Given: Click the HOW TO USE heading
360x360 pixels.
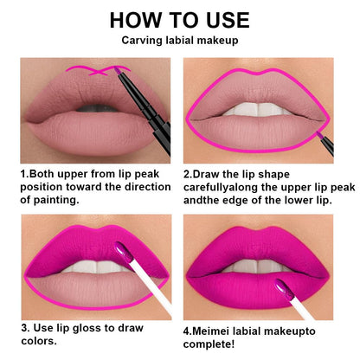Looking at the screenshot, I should (x=179, y=20).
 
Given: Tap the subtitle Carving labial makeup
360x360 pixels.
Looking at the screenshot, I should (x=179, y=41).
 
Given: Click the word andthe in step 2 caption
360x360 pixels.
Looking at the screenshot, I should (x=208, y=201).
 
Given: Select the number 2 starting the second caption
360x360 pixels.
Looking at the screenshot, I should (x=187, y=173).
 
